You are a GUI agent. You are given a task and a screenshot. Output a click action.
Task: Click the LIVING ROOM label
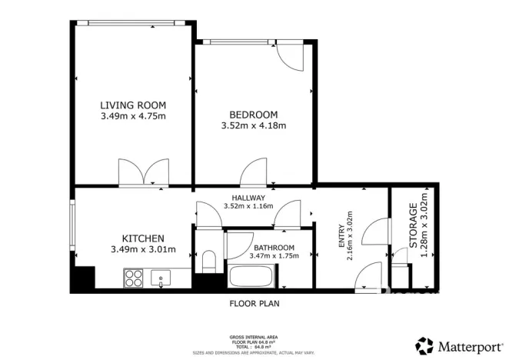(133, 105)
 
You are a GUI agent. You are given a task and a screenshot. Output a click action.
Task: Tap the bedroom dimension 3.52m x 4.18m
(253, 126)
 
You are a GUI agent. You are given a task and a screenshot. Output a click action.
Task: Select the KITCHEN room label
(144, 238)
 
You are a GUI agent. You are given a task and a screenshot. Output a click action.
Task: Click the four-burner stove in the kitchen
(134, 277)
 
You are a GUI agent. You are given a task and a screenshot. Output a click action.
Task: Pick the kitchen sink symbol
(162, 278)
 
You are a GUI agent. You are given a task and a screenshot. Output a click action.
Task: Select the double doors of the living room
(143, 172)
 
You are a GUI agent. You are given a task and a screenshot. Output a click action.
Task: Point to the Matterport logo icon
(424, 345)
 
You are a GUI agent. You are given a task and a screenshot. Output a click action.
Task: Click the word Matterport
(467, 345)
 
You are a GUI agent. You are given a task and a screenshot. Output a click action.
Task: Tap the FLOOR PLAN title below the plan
(254, 303)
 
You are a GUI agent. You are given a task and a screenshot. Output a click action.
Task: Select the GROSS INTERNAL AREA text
(254, 337)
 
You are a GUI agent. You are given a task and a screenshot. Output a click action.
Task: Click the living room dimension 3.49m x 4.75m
(133, 116)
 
